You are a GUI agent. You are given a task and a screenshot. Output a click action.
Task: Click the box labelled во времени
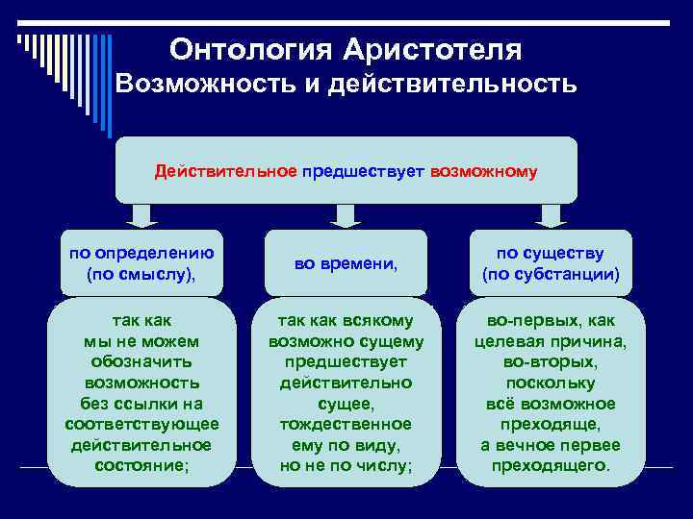pyautogui.click(x=346, y=262)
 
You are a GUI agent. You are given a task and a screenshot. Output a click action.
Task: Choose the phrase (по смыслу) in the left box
pyautogui.click(x=141, y=274)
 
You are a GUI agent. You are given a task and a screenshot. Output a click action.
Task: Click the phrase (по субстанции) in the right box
pyautogui.click(x=551, y=274)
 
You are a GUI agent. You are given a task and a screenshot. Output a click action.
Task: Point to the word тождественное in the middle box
pyautogui.click(x=346, y=423)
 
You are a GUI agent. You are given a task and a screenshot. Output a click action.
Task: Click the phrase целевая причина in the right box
pyautogui.click(x=551, y=341)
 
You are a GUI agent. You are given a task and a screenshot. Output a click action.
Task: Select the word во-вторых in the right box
pyautogui.click(x=551, y=362)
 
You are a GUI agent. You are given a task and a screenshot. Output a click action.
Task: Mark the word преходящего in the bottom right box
pyautogui.click(x=551, y=465)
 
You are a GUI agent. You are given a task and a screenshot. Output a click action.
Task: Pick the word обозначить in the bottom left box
pyautogui.click(x=141, y=361)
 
